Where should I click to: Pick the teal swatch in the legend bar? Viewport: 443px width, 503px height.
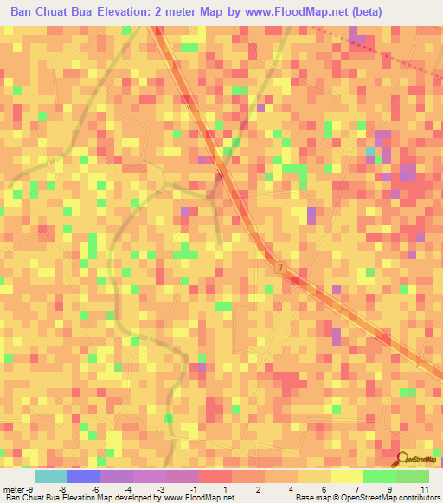click(50, 476)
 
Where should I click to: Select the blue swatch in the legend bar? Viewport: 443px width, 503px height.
click(83, 476)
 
